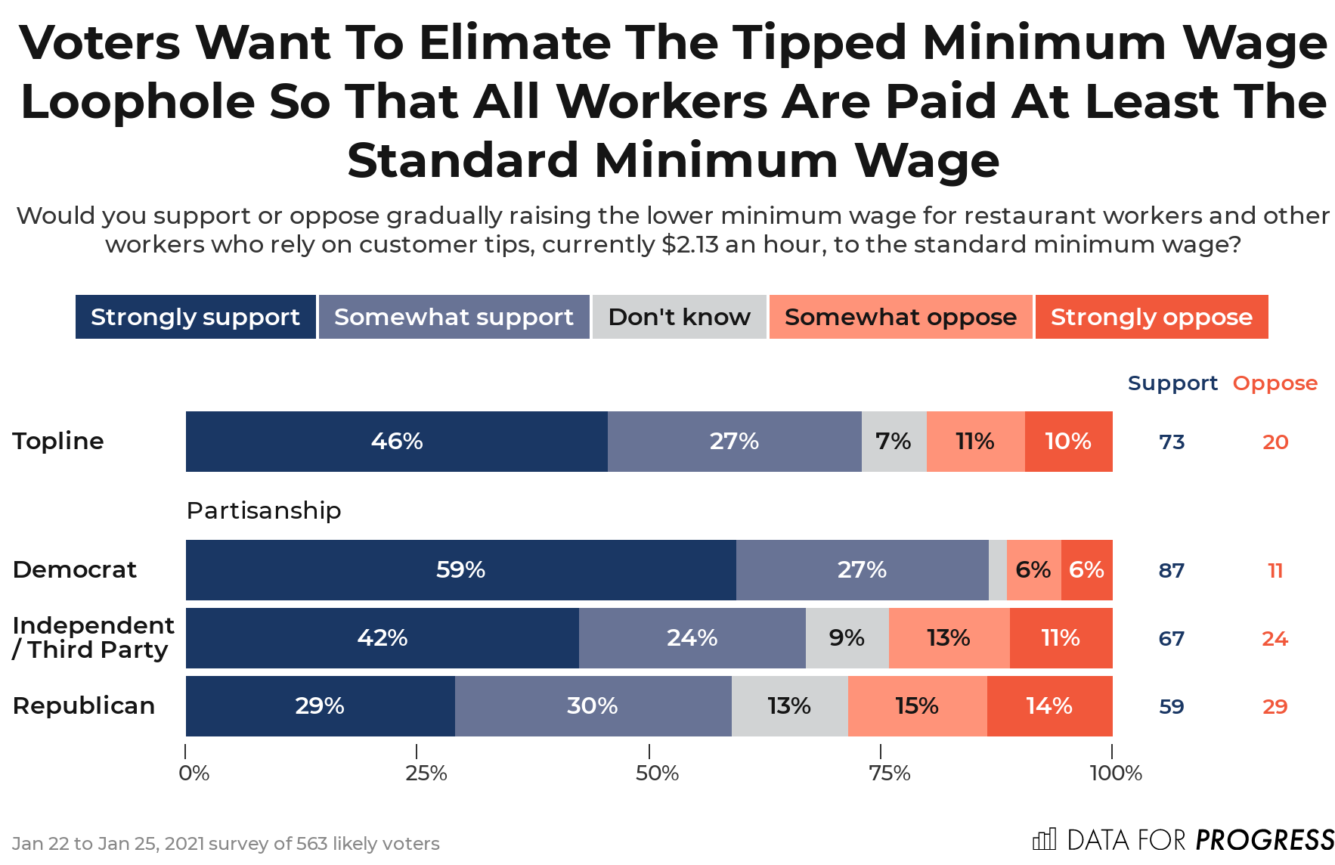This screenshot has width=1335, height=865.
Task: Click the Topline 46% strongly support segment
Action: (396, 442)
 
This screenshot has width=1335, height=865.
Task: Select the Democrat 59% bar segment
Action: (460, 570)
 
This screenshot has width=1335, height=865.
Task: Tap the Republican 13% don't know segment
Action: (789, 706)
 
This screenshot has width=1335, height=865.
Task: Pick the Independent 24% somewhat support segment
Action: (692, 638)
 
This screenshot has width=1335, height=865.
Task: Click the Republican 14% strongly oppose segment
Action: (1049, 706)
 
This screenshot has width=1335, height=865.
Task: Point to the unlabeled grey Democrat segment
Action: (997, 570)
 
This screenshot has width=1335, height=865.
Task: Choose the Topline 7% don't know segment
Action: (894, 442)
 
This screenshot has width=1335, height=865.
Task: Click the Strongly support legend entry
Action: (195, 317)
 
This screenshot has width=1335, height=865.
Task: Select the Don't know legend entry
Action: (679, 317)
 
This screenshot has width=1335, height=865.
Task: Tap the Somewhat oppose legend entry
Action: (900, 317)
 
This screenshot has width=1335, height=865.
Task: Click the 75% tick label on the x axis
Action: (890, 774)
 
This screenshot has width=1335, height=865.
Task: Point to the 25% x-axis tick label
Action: (426, 774)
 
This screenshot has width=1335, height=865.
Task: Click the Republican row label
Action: (84, 706)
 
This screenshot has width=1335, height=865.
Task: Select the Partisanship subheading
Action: (264, 511)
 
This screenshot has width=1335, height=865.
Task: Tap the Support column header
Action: (1172, 383)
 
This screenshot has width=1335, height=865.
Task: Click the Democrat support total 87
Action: (1172, 571)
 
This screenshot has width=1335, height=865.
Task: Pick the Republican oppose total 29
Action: (1275, 707)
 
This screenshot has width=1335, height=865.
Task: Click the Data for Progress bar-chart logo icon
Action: (1044, 839)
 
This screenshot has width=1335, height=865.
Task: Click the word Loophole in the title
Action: (138, 102)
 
